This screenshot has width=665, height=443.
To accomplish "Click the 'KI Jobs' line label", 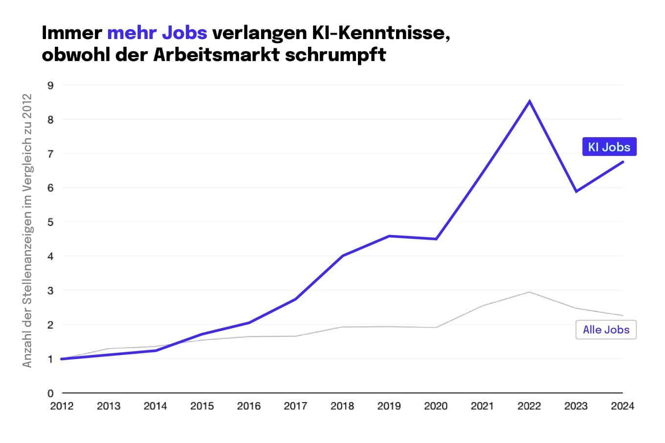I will coord(609,147).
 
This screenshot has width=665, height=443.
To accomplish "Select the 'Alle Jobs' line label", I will coord(606,330).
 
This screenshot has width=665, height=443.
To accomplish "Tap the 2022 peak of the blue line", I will coord(529,101).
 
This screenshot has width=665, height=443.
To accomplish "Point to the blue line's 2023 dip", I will coord(576,191).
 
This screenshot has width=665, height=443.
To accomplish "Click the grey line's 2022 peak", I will coord(529,292).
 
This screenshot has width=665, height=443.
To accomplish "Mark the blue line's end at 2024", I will coord(622,162).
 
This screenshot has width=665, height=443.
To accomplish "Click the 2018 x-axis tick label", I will coord(342,406).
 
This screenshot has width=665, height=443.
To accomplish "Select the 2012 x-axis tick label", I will coord(62,406).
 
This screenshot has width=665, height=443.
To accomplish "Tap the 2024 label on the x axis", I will coord(622,406).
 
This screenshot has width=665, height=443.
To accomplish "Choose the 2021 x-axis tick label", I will coord(482,406).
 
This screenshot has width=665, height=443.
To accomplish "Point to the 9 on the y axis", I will coord(50,85).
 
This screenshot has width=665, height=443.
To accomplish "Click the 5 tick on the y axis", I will coord(50,222).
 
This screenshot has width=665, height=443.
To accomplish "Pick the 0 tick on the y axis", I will coord(50,393).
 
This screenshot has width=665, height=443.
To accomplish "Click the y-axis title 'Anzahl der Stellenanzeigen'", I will coord(27,231).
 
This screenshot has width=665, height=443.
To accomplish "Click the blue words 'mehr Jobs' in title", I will coord(157,33).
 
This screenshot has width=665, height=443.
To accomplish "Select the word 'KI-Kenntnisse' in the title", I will coord(380,33).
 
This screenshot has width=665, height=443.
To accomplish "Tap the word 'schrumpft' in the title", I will coord(335,54).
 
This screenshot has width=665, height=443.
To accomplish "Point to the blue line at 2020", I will coord(436,239).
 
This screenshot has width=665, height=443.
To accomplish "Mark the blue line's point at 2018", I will coord(342,255).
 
